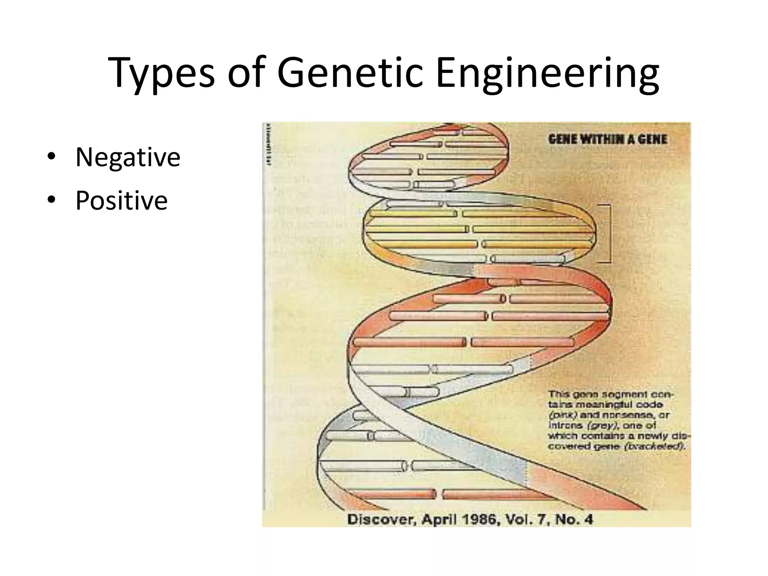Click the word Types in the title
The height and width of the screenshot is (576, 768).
(x=162, y=73)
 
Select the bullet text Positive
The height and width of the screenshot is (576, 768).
(x=121, y=201)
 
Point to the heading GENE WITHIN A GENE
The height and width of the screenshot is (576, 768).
(x=607, y=139)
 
